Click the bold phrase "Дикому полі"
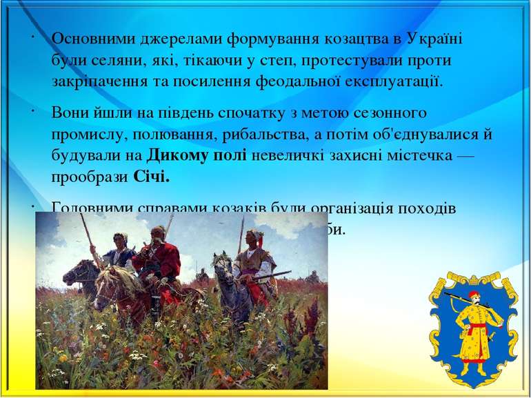tap(197, 156)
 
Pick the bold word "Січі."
tap(152, 178)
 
